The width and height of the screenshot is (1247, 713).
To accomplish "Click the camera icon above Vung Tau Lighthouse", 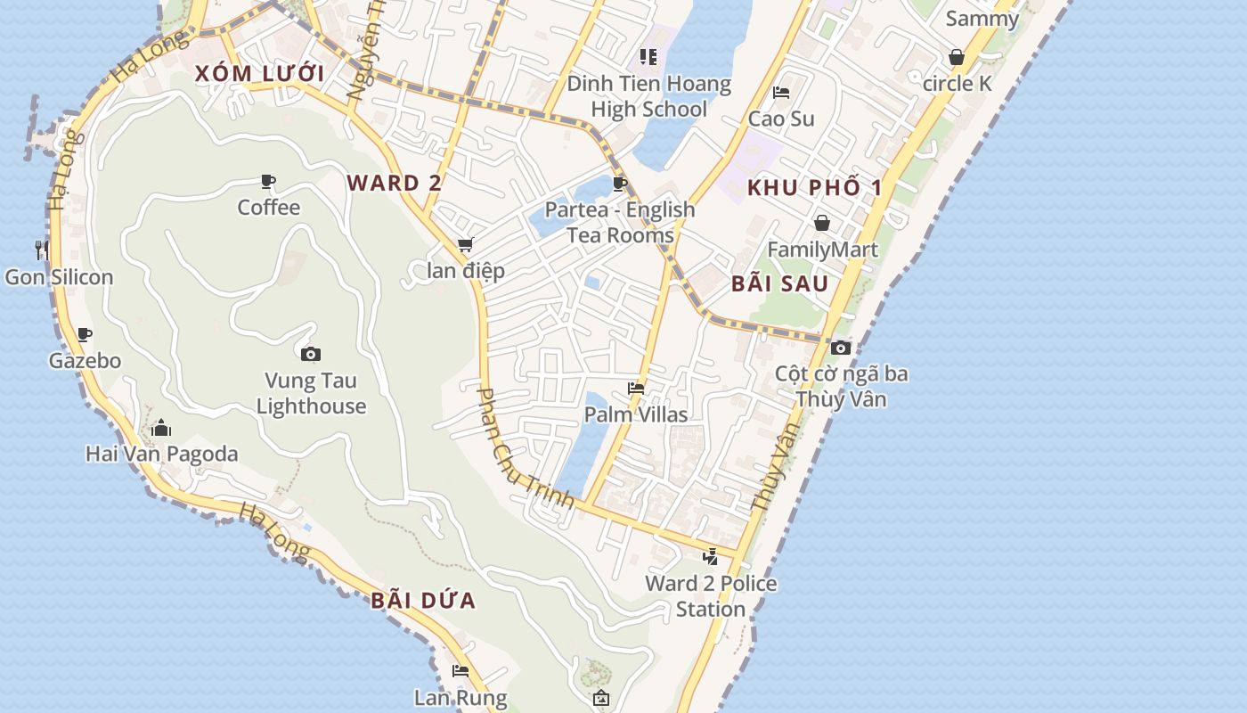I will pyautogui.click(x=310, y=354).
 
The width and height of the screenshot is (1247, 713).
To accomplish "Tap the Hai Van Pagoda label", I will pyautogui.click(x=162, y=454).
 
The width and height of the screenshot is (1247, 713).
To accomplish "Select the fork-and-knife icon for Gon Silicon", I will pyautogui.click(x=41, y=250).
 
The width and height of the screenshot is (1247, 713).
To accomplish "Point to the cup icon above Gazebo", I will pyautogui.click(x=85, y=335).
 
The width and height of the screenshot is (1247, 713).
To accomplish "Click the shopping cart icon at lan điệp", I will pyautogui.click(x=465, y=244).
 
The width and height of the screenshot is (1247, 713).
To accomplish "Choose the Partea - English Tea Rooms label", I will pyautogui.click(x=620, y=223).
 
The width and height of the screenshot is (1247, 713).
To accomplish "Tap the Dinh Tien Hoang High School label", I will pyautogui.click(x=649, y=97).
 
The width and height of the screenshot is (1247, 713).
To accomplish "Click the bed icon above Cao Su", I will pyautogui.click(x=781, y=92).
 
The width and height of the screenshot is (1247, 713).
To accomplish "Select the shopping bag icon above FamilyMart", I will pyautogui.click(x=822, y=222).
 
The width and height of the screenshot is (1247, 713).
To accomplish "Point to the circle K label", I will pyautogui.click(x=958, y=84).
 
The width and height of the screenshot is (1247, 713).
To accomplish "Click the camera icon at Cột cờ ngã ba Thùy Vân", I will pyautogui.click(x=840, y=348).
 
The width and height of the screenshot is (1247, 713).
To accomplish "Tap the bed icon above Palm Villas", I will pyautogui.click(x=636, y=388).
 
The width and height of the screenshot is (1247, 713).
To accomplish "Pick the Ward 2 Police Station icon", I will pyautogui.click(x=710, y=557).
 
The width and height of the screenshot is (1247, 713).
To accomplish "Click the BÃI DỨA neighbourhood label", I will pyautogui.click(x=423, y=601).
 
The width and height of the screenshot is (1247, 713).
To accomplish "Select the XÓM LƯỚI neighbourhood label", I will pyautogui.click(x=260, y=74).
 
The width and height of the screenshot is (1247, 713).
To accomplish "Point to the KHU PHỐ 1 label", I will pyautogui.click(x=814, y=188).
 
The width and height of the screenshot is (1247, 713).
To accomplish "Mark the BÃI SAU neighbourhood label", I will pyautogui.click(x=779, y=284).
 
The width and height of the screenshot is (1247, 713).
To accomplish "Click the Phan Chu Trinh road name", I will pyautogui.click(x=526, y=448).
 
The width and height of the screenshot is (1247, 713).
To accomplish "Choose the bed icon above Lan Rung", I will pyautogui.click(x=460, y=671).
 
